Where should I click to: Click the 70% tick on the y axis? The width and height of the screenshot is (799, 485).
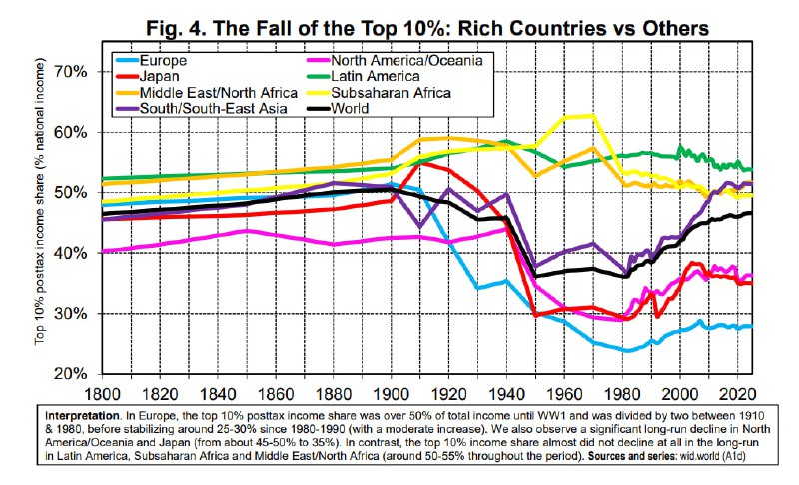click(x=74, y=72)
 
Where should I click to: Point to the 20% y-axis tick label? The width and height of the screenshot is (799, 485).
click(x=74, y=374)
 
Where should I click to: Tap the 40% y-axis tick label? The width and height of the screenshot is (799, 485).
click(x=74, y=253)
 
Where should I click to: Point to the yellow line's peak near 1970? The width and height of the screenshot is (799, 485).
click(x=595, y=116)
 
